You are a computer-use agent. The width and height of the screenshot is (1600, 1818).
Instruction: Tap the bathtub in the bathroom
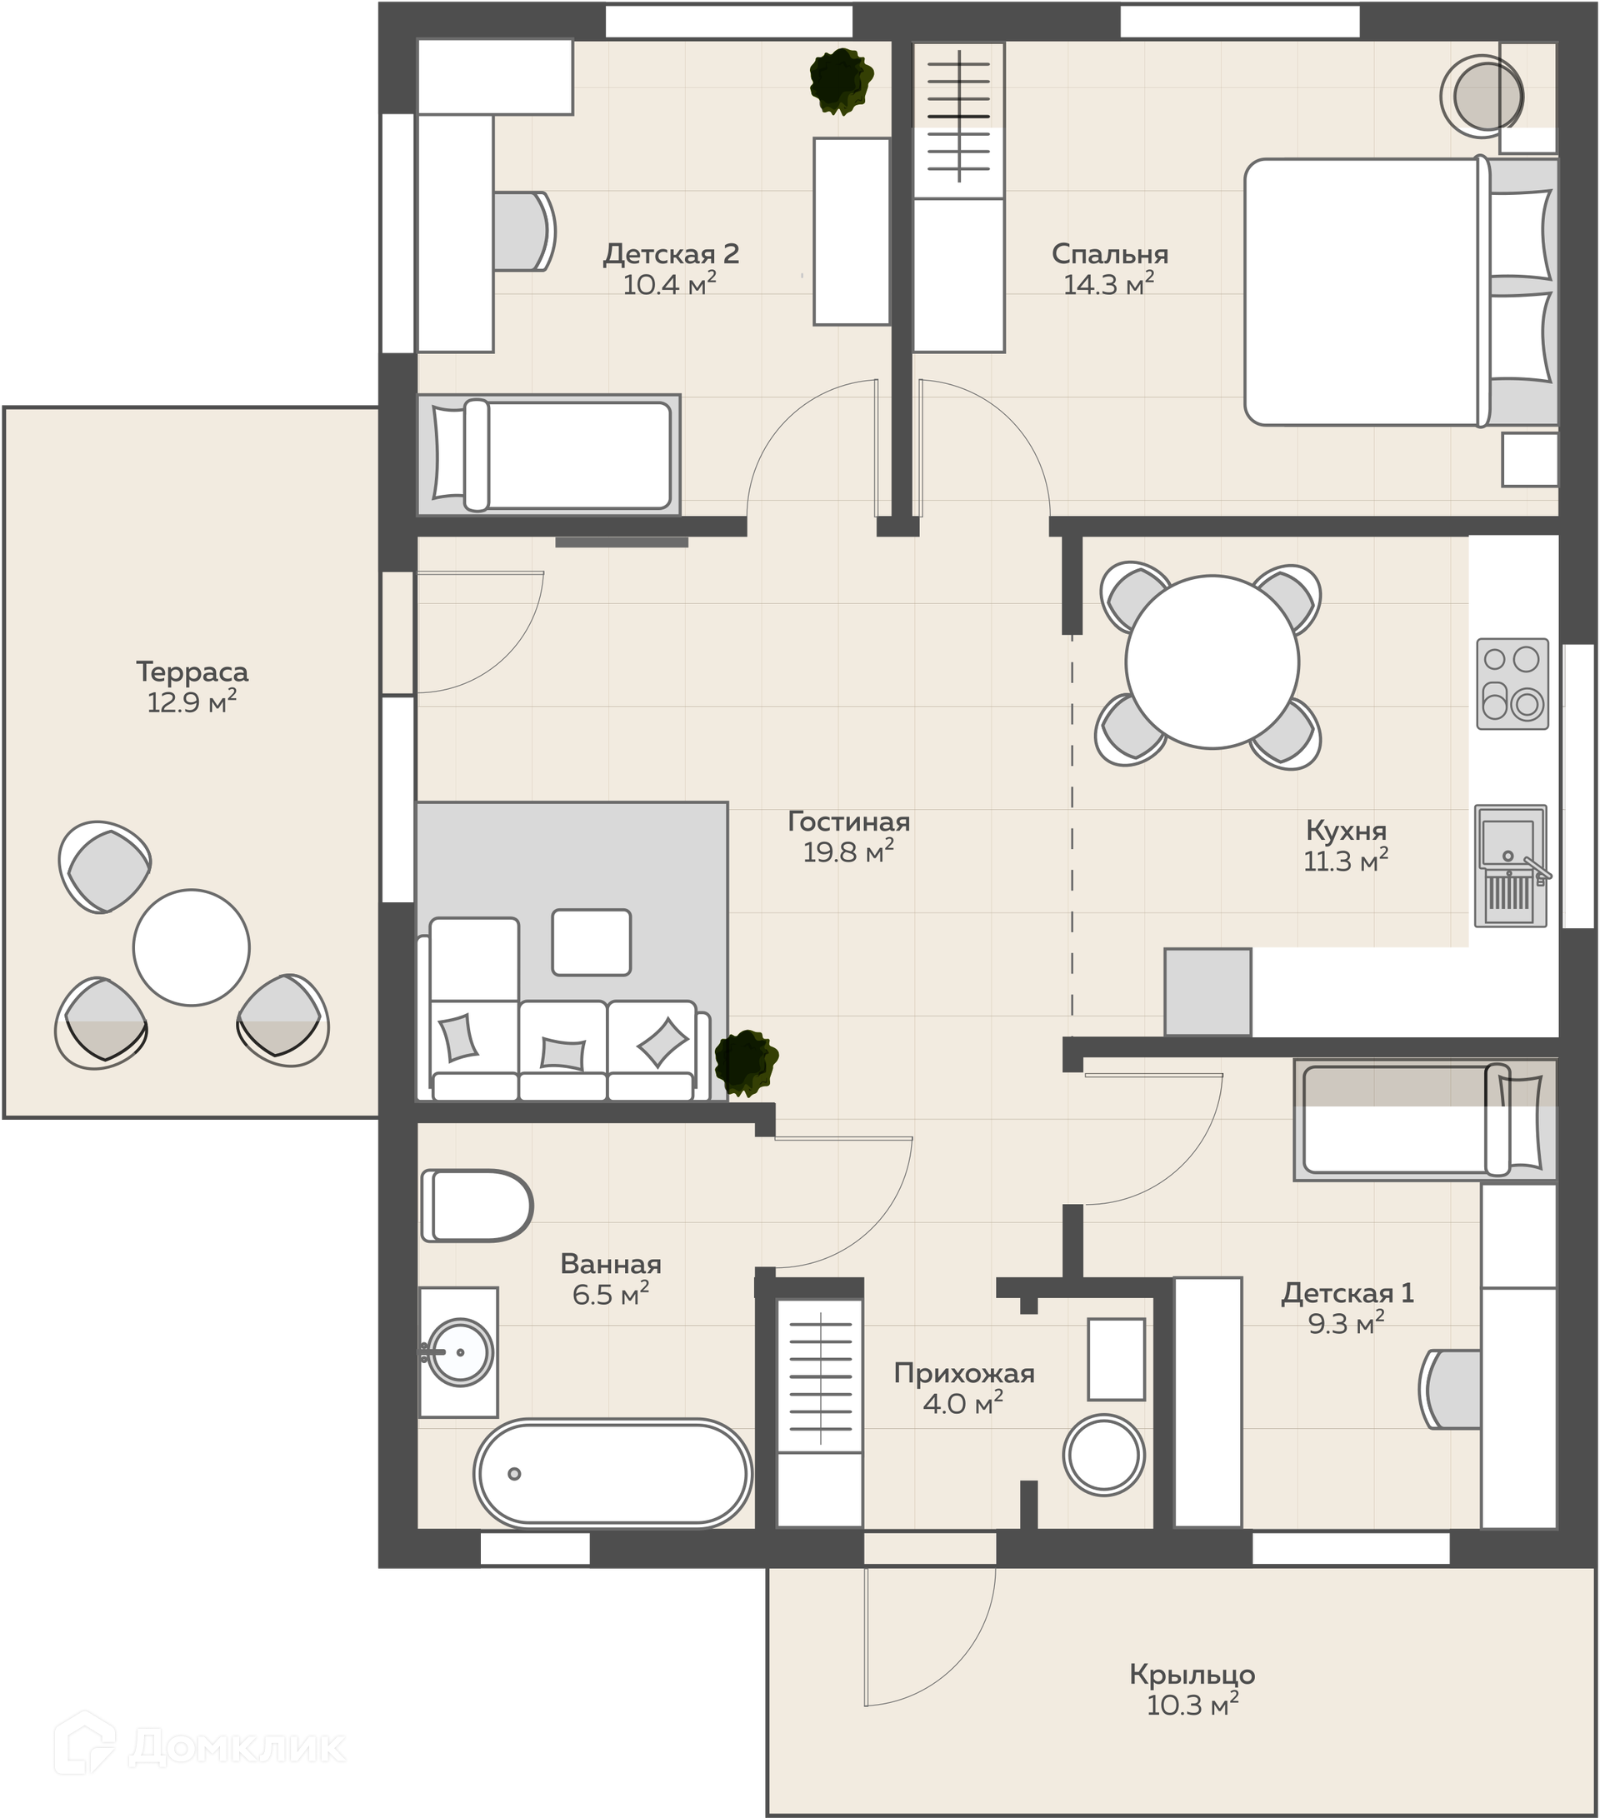(612, 1473)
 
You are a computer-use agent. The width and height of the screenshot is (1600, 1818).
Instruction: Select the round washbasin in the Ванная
(460, 1352)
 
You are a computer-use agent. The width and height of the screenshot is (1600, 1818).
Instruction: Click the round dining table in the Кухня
(1212, 662)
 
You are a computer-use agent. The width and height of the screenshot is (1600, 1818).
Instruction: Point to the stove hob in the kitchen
(1512, 684)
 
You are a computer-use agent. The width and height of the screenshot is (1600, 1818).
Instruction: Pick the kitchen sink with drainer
(1511, 867)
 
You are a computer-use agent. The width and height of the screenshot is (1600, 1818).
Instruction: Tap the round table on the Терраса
(191, 947)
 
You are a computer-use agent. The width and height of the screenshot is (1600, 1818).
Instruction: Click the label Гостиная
(848, 822)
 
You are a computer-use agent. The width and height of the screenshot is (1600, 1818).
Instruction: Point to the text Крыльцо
(1192, 1675)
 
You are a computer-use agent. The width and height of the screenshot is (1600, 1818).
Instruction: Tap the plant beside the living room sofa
(746, 1062)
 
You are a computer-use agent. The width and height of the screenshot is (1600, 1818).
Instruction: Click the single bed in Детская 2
(548, 456)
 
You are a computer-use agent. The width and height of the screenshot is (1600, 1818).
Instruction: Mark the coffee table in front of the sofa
(592, 941)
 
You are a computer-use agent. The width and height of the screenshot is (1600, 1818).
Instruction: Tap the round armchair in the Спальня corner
(1482, 95)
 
